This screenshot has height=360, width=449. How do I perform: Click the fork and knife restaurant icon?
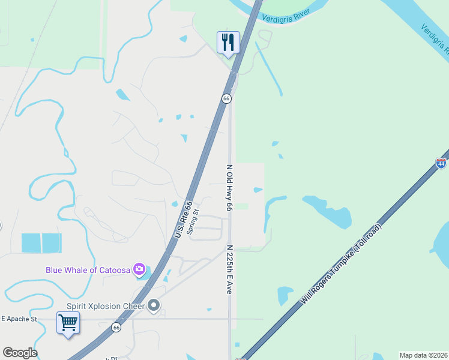(228, 43)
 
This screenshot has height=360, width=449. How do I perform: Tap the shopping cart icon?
(68, 323)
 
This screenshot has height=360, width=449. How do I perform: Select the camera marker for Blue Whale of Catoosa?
(140, 269)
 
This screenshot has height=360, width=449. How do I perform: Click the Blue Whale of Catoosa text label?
(88, 270)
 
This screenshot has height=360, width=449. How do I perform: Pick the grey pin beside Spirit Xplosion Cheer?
(154, 306)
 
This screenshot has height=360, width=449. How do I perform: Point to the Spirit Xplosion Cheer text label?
(106, 306)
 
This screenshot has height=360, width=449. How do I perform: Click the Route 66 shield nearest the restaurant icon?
(226, 98)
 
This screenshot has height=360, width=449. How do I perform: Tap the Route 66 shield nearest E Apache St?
(116, 328)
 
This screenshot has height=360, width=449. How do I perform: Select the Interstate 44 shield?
(441, 163)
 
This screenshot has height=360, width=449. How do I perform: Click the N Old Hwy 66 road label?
(229, 188)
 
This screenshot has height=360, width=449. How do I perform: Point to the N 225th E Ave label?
(229, 269)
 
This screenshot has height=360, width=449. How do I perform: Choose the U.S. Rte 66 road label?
(183, 219)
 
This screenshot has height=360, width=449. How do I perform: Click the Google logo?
(20, 353)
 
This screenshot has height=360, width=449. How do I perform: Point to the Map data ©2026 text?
(424, 355)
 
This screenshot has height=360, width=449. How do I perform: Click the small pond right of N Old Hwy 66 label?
(258, 190)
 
